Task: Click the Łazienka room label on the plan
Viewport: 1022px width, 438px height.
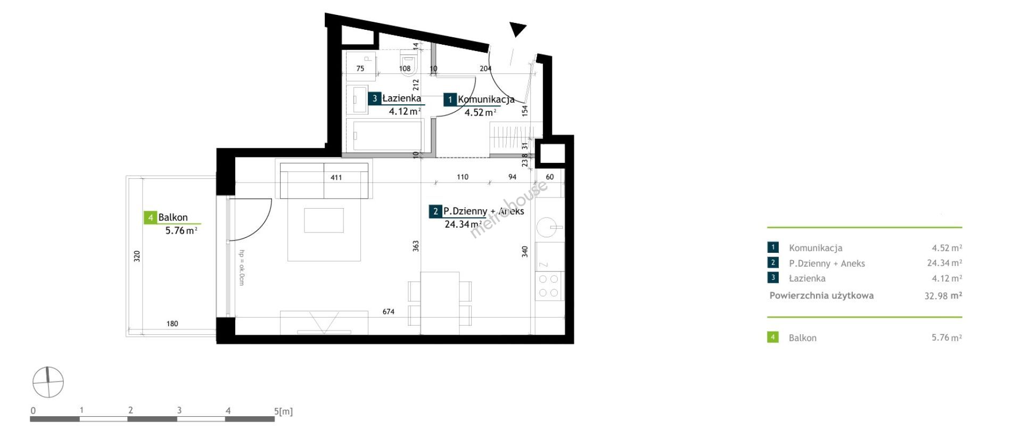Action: click(401, 98)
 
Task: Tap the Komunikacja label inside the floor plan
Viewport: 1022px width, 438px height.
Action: click(486, 100)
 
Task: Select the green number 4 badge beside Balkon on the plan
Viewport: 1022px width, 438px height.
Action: click(151, 218)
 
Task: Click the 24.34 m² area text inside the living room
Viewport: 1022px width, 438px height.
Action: click(463, 225)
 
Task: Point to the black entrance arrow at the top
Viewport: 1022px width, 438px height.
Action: click(517, 29)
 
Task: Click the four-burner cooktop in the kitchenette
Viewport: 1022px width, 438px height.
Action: click(549, 286)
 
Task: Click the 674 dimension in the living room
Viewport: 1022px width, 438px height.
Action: click(389, 312)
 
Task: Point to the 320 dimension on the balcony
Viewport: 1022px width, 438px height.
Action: click(137, 256)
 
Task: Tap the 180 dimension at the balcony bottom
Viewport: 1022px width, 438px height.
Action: click(172, 324)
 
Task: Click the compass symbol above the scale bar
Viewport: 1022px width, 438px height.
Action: click(48, 382)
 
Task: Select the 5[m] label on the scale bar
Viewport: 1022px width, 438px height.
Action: click(284, 411)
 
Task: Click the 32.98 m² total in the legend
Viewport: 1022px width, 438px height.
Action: click(943, 296)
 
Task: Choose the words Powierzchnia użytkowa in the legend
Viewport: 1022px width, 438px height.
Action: click(821, 296)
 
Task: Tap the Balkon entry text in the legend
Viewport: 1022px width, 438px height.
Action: click(803, 338)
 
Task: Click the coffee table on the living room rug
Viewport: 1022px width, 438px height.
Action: click(324, 220)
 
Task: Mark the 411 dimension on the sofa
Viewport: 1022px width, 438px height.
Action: click(336, 178)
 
